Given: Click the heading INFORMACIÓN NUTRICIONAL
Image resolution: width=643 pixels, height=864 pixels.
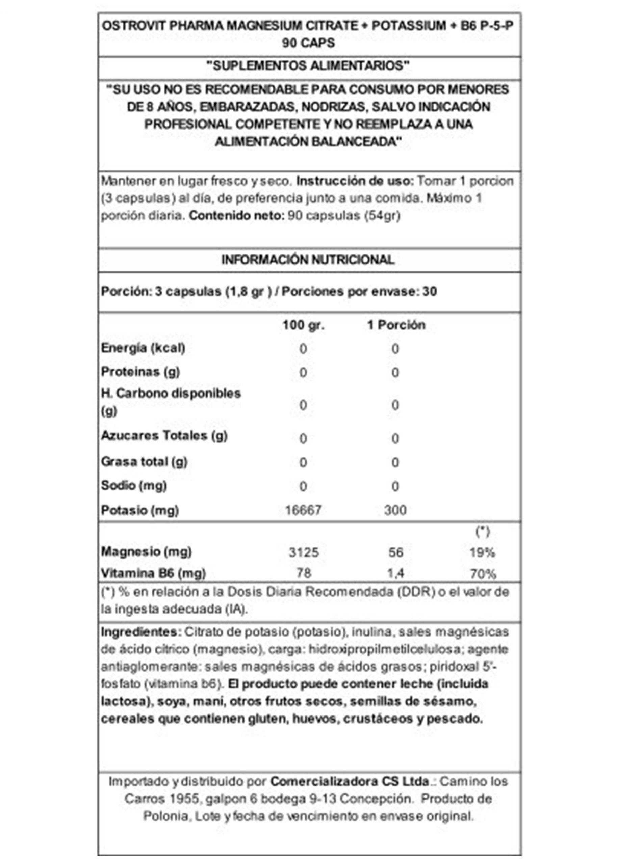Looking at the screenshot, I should coord(308,260).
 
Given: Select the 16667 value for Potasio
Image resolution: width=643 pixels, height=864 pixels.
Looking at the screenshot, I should coord(303,510).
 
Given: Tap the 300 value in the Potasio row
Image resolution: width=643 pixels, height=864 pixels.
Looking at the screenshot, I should coord(395,510).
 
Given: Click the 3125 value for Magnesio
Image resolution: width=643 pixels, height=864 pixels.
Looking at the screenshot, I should coord(304,552).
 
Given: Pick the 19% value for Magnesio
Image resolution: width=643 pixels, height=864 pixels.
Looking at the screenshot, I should coord(482,552).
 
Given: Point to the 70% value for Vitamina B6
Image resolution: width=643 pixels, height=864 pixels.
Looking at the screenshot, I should coord(483,574).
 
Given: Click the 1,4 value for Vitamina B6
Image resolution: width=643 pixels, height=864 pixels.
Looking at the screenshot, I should coord(395,573).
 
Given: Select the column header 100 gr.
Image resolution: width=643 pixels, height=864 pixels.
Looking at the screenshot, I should coord(303,325).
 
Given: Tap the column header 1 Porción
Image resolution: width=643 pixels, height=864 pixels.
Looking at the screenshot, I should coord(396,325).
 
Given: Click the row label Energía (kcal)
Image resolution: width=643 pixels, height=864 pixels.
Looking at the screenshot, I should coord(143,348).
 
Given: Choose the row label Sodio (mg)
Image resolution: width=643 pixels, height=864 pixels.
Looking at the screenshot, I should coord(134,485).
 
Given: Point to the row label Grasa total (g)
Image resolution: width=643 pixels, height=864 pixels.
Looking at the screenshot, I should coord(144,462).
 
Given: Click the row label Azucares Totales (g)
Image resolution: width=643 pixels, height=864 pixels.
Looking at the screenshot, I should coord(164,436).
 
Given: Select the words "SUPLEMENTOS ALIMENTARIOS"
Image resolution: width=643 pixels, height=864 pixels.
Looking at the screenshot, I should coord(308,65).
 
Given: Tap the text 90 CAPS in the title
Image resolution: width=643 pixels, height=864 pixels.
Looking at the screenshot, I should coord(308,43).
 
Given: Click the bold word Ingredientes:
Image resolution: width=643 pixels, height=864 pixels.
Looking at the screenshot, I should coord(141,632).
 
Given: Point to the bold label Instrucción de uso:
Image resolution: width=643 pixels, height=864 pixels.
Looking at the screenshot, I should coord(355,181).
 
